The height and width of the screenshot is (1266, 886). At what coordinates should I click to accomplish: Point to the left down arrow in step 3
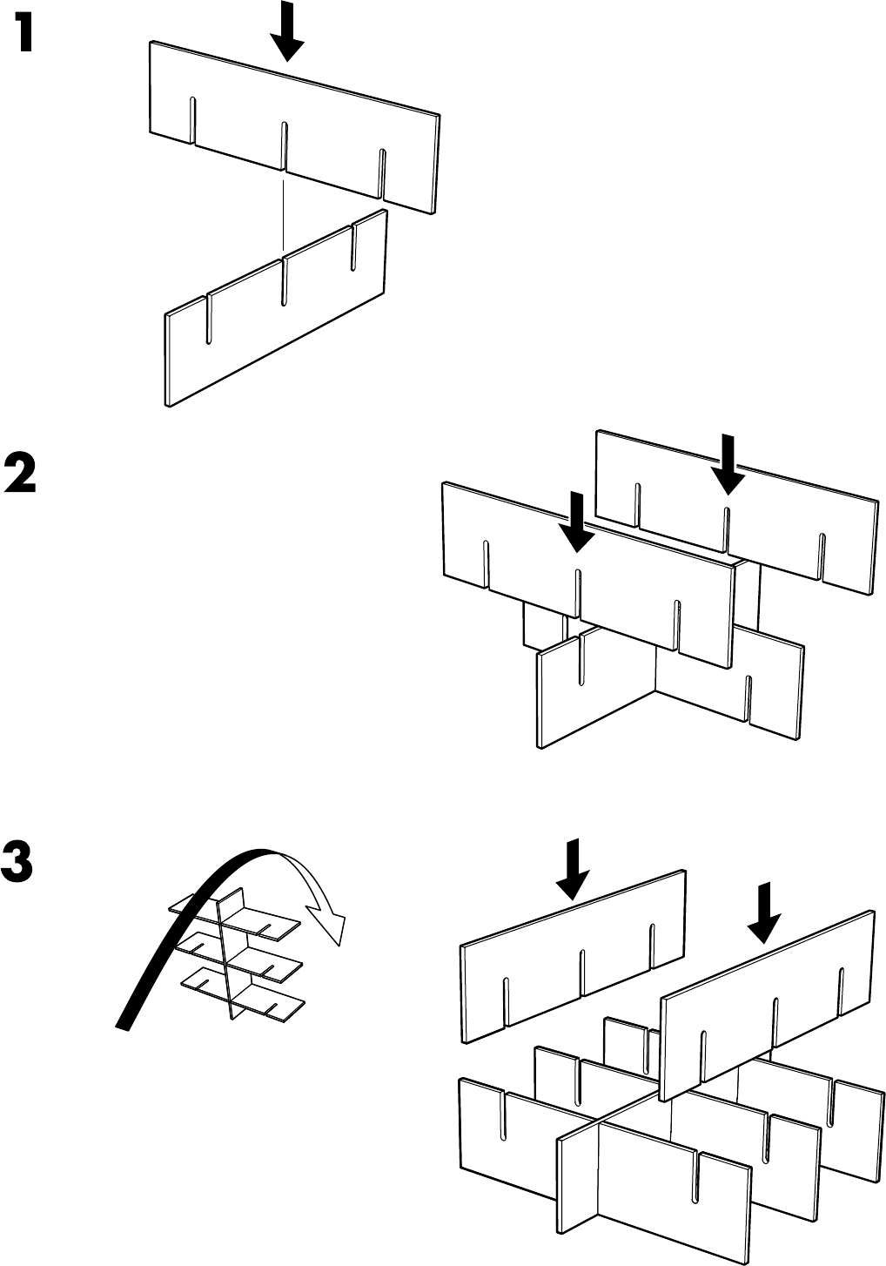point(571,869)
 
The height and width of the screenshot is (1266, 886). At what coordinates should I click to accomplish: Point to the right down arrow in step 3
point(763,912)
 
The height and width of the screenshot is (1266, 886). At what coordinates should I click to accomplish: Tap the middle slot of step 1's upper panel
point(285,146)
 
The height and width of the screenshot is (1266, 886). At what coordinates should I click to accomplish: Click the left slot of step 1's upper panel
point(192,121)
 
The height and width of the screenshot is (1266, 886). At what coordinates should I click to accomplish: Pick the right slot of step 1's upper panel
point(381,172)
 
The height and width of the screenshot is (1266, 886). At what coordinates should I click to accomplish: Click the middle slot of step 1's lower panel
point(284,280)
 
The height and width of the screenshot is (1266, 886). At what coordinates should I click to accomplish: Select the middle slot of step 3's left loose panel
point(581,970)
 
